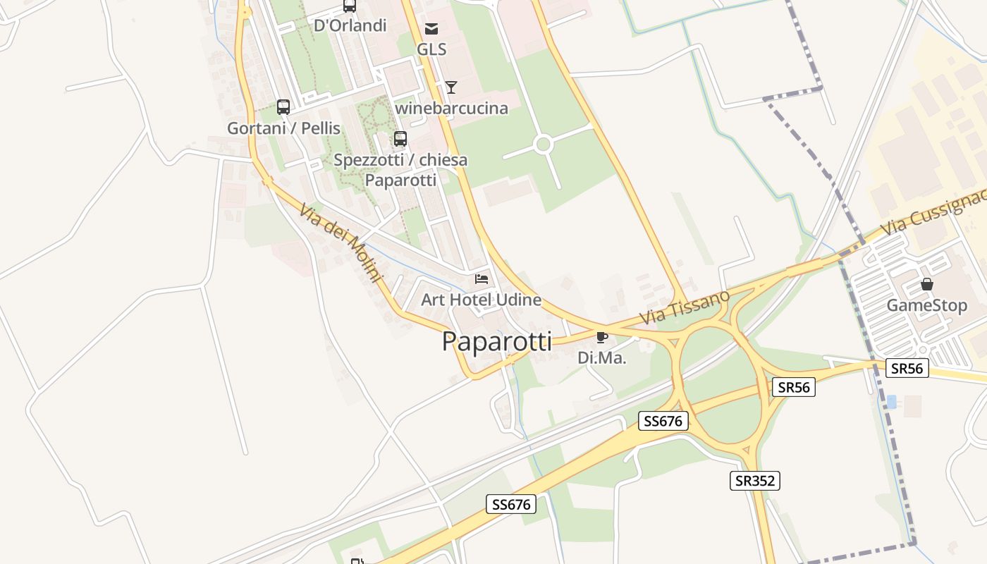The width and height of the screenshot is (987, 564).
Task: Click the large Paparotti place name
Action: tap(496, 341)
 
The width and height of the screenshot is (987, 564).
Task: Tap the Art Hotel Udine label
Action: tap(481, 300)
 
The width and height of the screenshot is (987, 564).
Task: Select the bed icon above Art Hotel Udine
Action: tap(482, 279)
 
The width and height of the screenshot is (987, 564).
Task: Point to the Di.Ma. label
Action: tap(601, 357)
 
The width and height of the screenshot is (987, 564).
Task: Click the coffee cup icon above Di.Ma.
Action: tap(601, 337)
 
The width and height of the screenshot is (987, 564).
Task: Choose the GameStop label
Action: tap(926, 305)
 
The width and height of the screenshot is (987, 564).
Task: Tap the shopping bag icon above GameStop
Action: tap(927, 284)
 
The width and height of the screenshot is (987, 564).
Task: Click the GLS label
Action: tap(431, 49)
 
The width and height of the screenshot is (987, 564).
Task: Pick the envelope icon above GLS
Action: tap(431, 28)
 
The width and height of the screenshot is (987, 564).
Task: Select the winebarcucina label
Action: tap(451, 108)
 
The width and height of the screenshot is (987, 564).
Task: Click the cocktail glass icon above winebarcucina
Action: tap(451, 87)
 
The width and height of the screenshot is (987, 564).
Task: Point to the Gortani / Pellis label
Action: tap(283, 128)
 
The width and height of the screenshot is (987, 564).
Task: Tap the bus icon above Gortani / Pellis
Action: tap(283, 107)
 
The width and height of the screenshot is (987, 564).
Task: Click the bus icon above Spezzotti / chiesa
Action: tap(400, 139)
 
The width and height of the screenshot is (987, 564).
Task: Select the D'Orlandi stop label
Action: tap(350, 25)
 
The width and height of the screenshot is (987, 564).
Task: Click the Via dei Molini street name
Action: tap(340, 243)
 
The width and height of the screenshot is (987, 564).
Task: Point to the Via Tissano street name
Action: tap(685, 308)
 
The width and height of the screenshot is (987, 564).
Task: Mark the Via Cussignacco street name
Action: tap(933, 212)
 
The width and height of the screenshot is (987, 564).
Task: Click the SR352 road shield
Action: tap(754, 481)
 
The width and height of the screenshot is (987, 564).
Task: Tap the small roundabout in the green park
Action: tap(543, 145)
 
